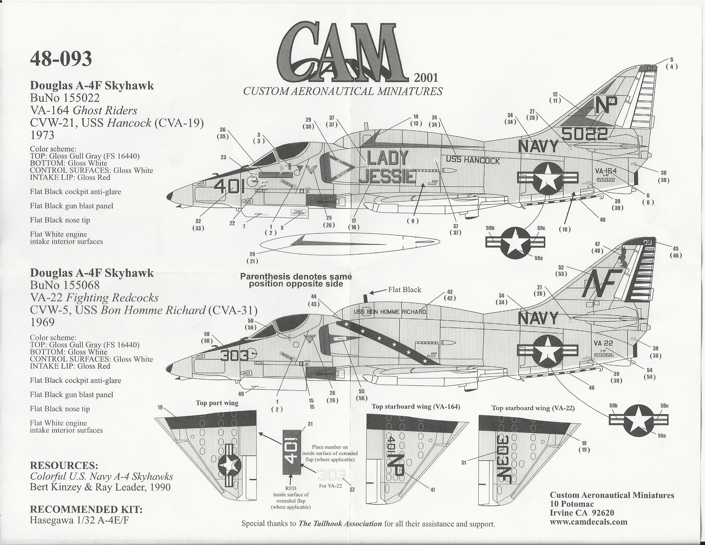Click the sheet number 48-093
61,59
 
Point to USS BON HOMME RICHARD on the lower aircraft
390,312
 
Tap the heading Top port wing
217,403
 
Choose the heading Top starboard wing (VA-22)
533,408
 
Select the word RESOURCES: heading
64,465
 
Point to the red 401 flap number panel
292,452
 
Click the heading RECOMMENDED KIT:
86,509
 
